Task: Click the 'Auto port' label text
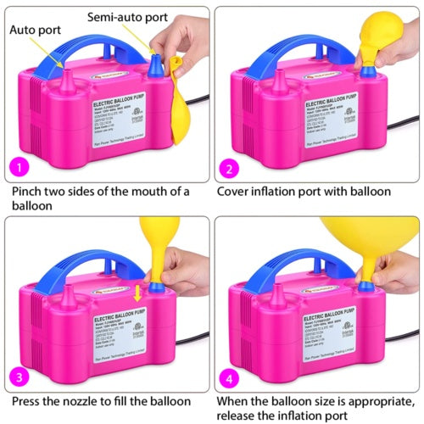pyautogui.click(x=35, y=28)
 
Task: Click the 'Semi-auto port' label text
pyautogui.click(x=133, y=15)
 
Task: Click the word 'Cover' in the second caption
pyautogui.click(x=240, y=188)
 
